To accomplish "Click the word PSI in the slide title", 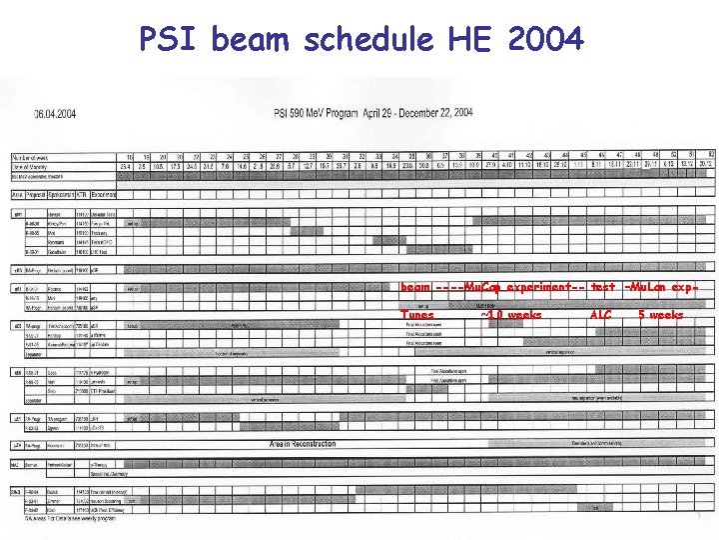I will pos(170,40).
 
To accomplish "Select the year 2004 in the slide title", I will pos(545,40).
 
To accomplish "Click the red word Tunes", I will pos(417,315).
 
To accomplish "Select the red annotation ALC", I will pos(600,315).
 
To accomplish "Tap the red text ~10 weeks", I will pos(511,315).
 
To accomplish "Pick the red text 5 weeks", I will pos(661,315).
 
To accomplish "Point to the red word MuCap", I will pos(483,287).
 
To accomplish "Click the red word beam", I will pos(415,287).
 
